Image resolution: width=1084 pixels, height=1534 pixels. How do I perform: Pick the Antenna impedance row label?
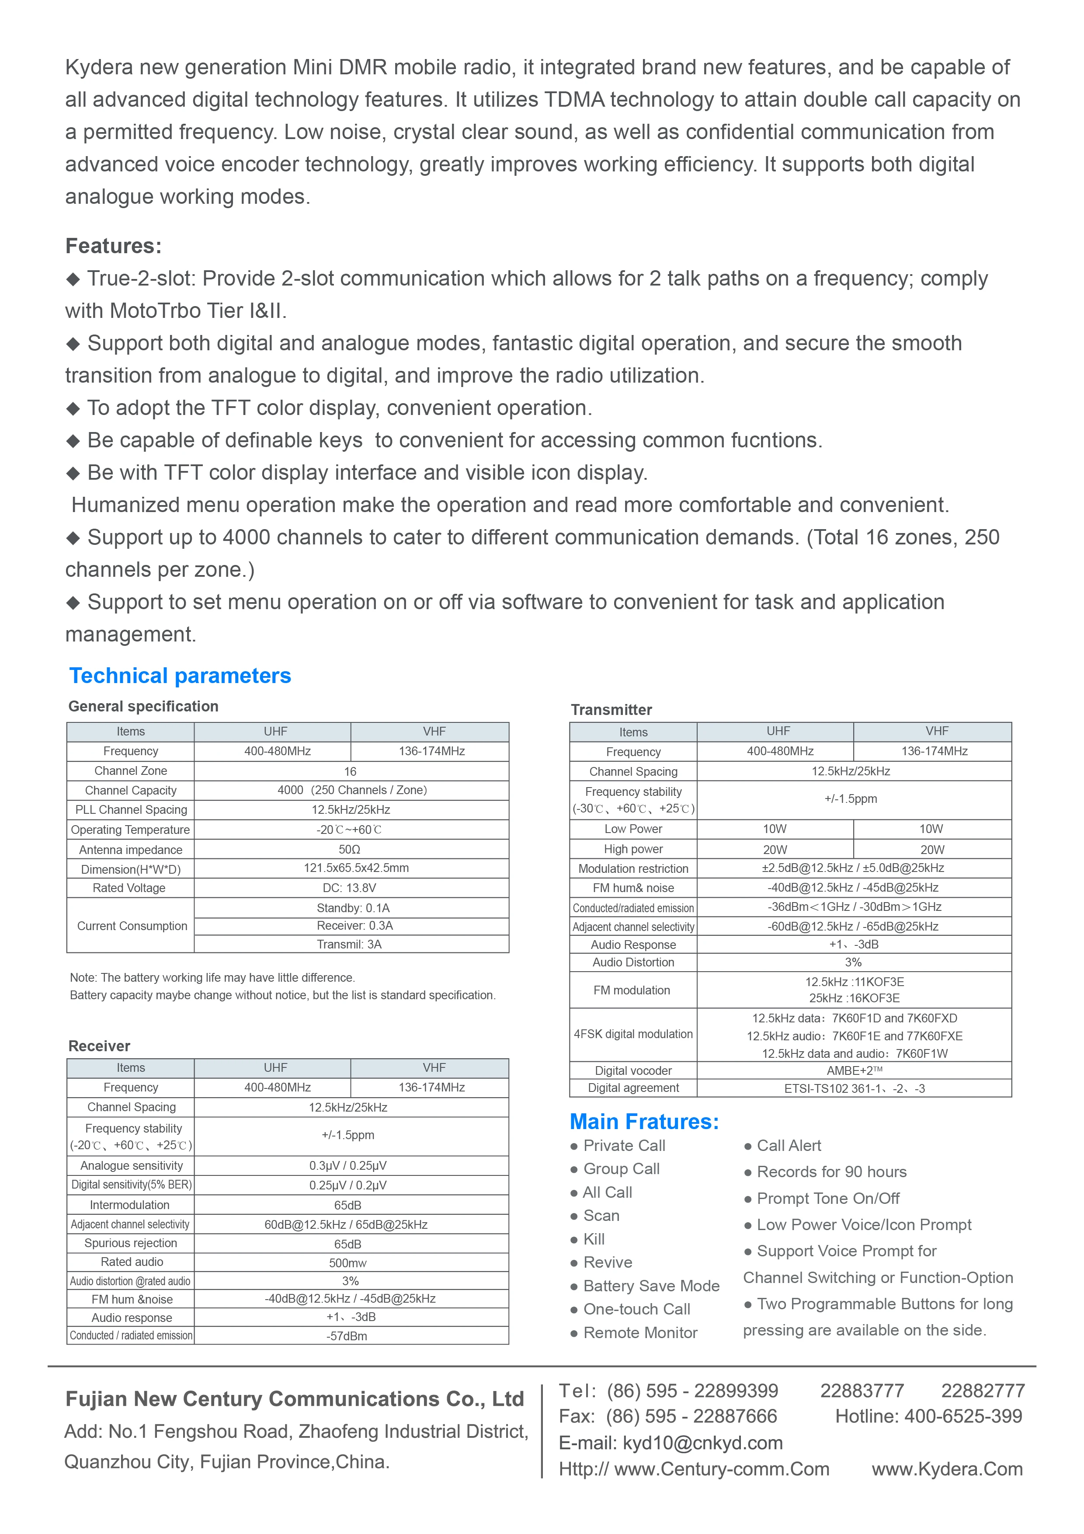point(130,850)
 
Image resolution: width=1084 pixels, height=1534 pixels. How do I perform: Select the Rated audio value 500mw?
point(347,1263)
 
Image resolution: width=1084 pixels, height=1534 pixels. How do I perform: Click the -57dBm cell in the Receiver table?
point(347,1335)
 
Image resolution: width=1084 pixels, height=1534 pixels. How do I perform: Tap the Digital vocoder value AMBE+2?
point(854,1070)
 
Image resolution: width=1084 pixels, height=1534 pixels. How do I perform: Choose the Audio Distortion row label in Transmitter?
point(633,962)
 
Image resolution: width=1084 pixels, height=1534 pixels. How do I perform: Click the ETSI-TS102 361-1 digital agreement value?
point(854,1088)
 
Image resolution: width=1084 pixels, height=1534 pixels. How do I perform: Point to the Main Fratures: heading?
point(644,1121)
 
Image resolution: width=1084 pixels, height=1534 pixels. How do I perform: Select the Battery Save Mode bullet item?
point(651,1286)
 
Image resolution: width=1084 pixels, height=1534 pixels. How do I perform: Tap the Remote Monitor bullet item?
point(640,1332)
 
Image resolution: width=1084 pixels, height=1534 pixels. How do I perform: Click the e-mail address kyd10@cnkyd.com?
point(702,1443)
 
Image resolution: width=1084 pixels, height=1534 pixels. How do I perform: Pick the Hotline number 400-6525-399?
point(963,1416)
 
